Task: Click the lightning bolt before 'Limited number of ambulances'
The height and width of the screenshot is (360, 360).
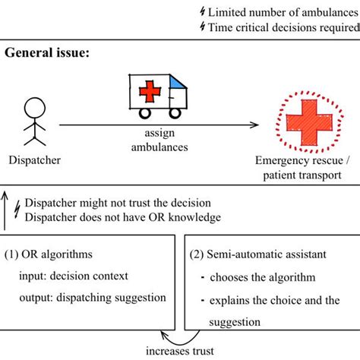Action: tap(201, 11)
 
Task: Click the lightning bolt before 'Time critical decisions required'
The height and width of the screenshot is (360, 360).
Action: tap(201, 27)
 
